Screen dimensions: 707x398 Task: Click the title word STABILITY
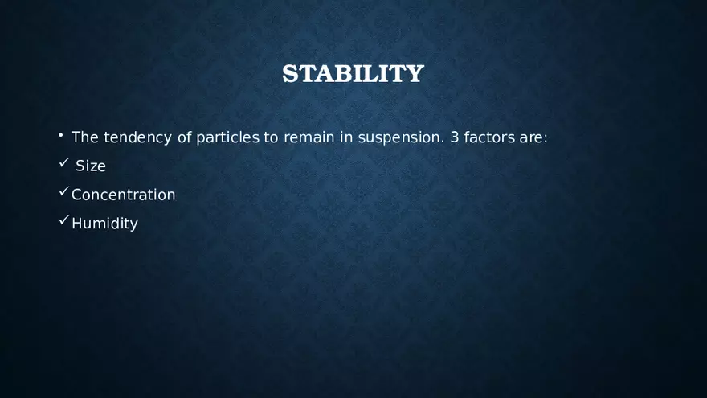pos(353,73)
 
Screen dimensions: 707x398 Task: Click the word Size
pos(91,166)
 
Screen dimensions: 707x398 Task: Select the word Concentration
pos(124,195)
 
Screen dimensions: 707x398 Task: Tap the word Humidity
pos(104,224)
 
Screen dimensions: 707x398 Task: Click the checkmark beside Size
pos(64,162)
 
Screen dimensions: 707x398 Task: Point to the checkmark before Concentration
pos(64,191)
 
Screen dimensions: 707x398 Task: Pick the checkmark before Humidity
pos(64,220)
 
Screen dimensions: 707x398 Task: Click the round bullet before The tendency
pos(60,135)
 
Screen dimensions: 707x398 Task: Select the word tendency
pos(137,137)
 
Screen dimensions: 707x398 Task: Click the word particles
pos(227,137)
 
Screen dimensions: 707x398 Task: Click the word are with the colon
pos(533,137)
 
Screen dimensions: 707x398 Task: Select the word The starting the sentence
pos(85,137)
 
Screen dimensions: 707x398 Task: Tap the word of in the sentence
pos(185,137)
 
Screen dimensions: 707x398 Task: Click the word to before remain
pos(271,137)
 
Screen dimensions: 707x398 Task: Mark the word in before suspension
pos(346,137)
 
